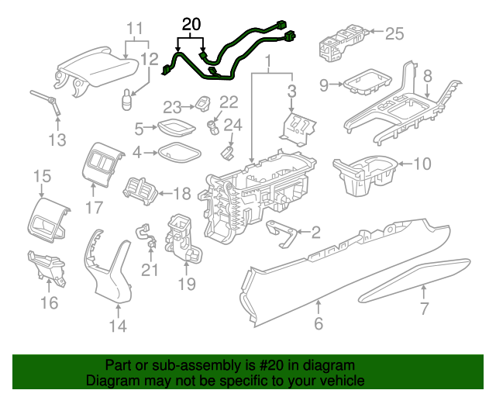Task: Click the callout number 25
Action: coord(395,33)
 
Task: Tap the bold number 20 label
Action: coord(191,26)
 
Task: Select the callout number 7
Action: coord(424,310)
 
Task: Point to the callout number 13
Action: coord(57,140)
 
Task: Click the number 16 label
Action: coord(48,302)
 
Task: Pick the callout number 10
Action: coord(421,164)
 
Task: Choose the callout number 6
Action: coord(319,324)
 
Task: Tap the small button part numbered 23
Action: coord(204,105)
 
